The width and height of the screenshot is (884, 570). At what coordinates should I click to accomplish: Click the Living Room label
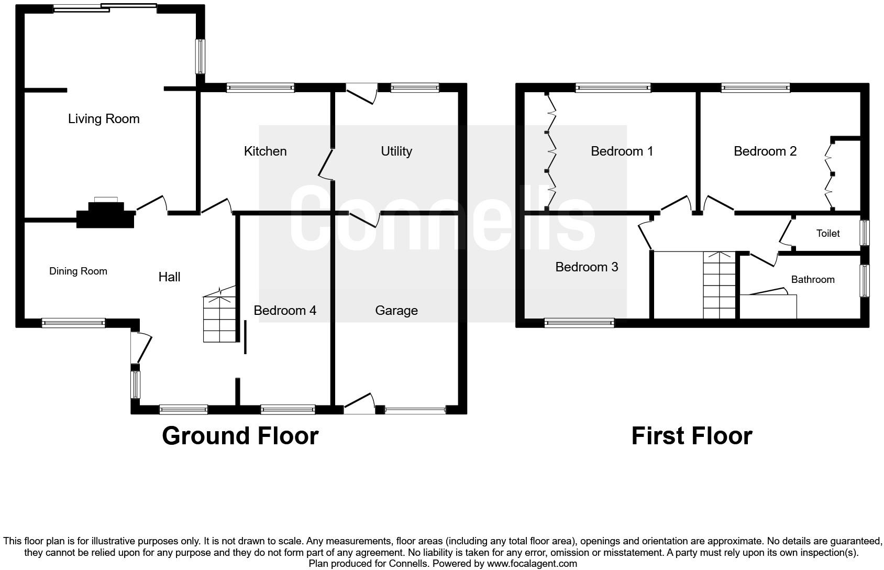click(104, 119)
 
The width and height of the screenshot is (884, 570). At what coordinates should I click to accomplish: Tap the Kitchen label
click(265, 151)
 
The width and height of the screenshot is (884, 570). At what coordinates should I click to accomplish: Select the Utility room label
click(396, 151)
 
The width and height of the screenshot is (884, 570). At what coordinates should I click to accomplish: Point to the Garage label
click(396, 311)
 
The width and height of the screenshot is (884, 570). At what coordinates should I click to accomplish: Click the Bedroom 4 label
click(285, 311)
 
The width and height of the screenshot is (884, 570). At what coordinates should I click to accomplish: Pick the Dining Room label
click(78, 271)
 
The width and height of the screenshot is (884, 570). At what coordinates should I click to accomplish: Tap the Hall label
click(169, 277)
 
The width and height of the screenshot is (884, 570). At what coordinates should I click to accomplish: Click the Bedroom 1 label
click(622, 151)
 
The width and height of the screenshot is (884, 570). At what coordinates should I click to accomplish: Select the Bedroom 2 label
click(765, 151)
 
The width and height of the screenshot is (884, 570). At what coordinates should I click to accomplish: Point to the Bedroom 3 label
click(587, 267)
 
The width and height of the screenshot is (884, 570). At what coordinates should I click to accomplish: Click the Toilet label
click(828, 233)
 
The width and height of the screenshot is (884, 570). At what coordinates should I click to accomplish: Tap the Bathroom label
click(813, 279)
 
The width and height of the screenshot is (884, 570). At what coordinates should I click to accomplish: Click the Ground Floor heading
click(240, 436)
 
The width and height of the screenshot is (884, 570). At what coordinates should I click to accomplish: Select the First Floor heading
click(692, 436)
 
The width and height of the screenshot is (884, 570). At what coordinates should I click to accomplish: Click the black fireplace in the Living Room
click(106, 215)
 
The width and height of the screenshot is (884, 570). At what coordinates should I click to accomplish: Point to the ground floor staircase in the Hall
click(219, 316)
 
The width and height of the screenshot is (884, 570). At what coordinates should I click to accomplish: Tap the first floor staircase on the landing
click(719, 285)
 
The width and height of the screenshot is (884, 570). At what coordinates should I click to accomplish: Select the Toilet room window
click(864, 233)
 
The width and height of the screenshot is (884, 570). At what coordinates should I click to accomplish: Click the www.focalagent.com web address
click(532, 563)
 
